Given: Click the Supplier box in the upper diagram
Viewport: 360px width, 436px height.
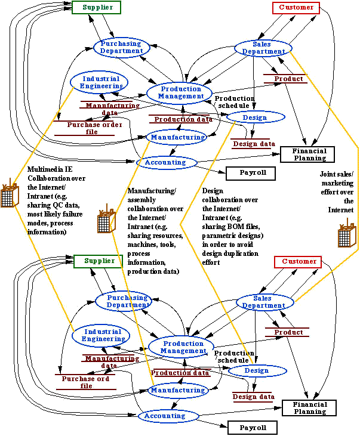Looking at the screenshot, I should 96,8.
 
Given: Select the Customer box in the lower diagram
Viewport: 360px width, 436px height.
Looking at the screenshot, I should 297,262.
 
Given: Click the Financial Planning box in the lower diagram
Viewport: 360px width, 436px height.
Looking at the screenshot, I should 309,408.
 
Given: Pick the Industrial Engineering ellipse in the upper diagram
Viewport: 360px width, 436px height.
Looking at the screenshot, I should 100,82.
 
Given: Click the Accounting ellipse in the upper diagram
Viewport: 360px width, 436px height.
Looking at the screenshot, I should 161,162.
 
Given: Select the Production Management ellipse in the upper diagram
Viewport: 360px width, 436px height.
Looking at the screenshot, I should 181,92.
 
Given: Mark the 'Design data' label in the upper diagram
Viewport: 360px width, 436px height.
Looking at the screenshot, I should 253,144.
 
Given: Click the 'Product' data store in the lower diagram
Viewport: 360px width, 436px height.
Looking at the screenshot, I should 289,332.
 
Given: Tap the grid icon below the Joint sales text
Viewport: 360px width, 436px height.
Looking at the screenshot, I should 345,237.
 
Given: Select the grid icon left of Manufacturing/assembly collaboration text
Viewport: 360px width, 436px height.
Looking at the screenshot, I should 104,222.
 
